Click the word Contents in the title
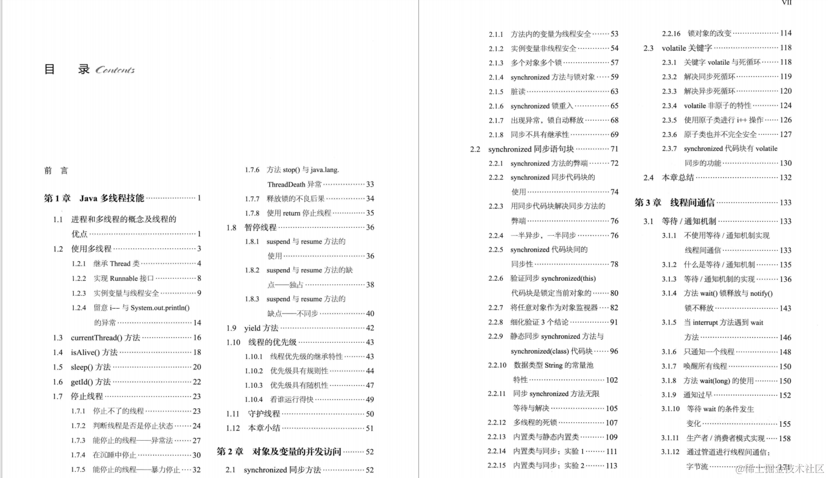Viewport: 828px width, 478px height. tap(115, 70)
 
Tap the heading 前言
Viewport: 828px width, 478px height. tap(56, 170)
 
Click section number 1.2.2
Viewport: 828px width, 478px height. tap(79, 279)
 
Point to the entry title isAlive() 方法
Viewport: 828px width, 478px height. tap(94, 352)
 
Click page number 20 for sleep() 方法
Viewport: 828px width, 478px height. tap(197, 367)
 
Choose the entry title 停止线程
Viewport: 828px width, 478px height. tap(87, 396)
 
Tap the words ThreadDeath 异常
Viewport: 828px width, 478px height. tap(294, 184)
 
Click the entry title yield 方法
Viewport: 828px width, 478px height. tap(261, 328)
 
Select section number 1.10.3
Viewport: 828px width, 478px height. tap(254, 385)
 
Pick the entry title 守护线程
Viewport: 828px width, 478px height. tap(264, 414)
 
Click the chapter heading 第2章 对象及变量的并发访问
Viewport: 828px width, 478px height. tap(279, 451)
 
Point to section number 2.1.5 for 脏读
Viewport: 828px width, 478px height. tap(496, 91)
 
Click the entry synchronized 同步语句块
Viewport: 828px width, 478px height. tap(531, 149)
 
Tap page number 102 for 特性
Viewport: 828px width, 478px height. tap(612, 380)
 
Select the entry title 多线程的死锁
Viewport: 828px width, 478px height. tap(535, 423)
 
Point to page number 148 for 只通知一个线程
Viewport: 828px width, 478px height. tap(785, 352)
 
